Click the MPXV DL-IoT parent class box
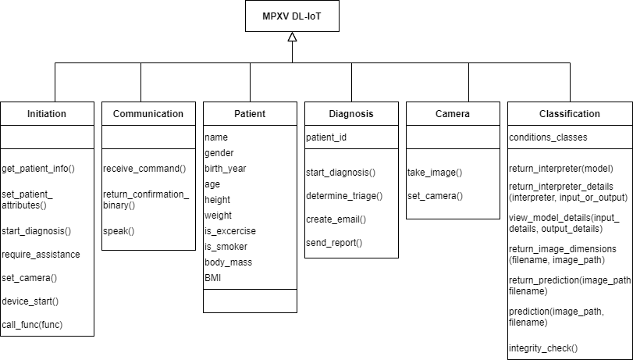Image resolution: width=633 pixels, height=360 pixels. coord(292,16)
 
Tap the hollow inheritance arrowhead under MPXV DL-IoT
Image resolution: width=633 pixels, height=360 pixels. coord(292,37)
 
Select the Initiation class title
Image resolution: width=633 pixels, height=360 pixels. coord(47,114)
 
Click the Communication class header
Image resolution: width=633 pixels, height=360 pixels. coord(148,114)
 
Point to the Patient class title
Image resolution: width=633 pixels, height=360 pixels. coord(250,114)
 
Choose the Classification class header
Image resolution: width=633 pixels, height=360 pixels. coord(570,114)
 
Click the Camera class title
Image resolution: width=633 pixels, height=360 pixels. coord(453,114)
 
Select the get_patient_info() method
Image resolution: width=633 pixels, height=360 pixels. coord(37,168)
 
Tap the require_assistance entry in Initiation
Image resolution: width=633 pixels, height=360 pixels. coord(41,254)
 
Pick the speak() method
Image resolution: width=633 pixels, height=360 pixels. coord(119,230)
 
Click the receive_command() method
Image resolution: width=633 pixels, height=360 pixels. coord(144,168)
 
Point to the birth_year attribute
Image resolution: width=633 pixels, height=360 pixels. coord(226,168)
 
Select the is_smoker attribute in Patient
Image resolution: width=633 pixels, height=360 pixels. coord(226,247)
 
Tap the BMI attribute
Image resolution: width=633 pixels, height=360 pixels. coord(213,277)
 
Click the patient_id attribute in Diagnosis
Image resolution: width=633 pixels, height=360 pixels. coord(326,137)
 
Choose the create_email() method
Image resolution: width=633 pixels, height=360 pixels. coord(336,219)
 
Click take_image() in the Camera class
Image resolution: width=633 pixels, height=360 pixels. coord(435,172)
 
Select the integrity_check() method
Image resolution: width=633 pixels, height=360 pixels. coord(543,348)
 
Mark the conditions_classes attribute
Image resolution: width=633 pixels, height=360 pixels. coord(548,137)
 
